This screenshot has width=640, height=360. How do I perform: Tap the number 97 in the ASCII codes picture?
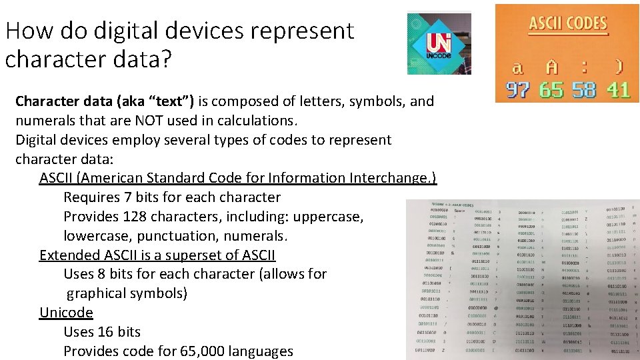point(518,89)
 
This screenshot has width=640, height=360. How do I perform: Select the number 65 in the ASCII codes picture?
point(551,89)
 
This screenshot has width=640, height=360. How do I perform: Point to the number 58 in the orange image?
point(584,89)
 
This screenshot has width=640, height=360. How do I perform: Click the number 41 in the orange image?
point(618,89)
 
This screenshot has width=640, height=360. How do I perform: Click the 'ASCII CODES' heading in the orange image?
point(568,25)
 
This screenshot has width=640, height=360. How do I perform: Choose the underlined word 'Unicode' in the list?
point(66,313)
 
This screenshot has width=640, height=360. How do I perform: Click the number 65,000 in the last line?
point(197,351)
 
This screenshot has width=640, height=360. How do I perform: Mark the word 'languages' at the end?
point(261,351)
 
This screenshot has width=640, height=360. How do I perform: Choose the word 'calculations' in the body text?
point(257,121)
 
